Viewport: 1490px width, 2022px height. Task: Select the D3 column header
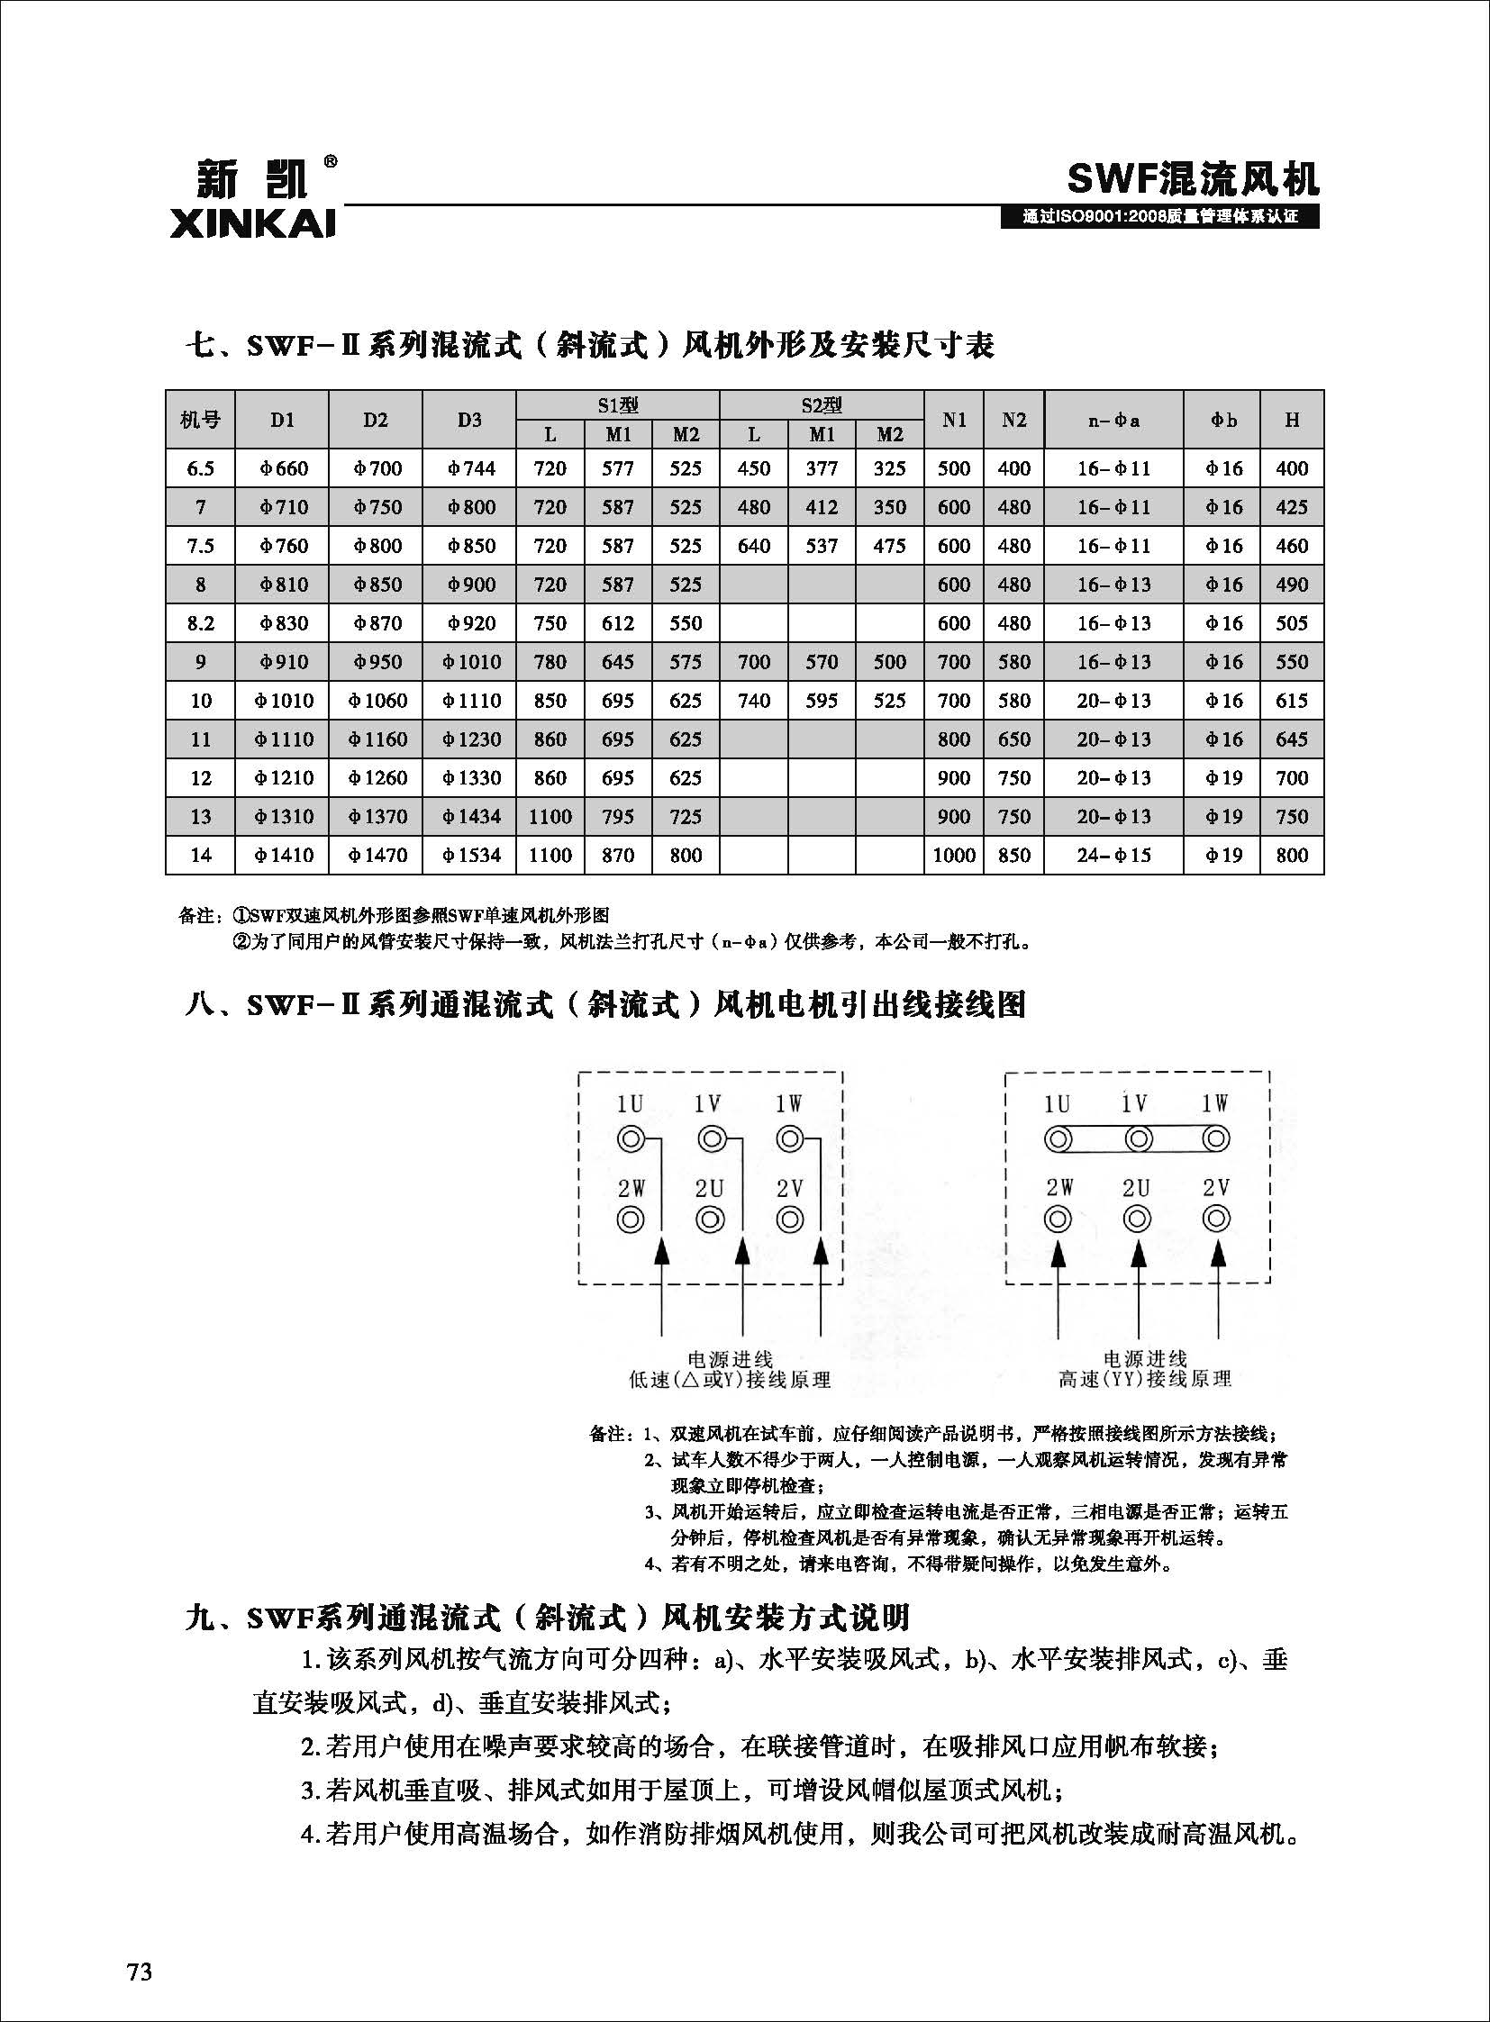tap(469, 420)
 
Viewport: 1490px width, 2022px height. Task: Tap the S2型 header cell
tap(821, 405)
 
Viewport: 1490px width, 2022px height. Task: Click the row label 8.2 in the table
tap(200, 623)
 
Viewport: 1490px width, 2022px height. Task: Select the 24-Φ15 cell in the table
tap(1113, 855)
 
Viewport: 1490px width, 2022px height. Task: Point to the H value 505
tap(1292, 623)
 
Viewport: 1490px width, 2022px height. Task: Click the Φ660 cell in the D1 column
tap(283, 469)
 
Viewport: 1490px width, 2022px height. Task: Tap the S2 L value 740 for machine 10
tap(753, 701)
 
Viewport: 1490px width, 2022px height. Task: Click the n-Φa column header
tap(1113, 420)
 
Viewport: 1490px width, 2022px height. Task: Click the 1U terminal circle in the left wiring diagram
tap(630, 1139)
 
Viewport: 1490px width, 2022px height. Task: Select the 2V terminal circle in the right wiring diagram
tap(1216, 1220)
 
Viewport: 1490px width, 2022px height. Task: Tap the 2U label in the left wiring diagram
tap(710, 1189)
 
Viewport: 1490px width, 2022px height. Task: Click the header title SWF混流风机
tap(1193, 179)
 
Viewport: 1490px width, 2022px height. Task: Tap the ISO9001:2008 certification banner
tap(1160, 217)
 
